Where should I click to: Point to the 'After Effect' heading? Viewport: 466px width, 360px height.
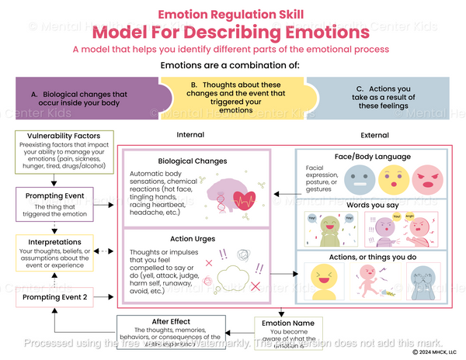[171, 320]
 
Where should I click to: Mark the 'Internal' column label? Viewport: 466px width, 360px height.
[190, 135]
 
